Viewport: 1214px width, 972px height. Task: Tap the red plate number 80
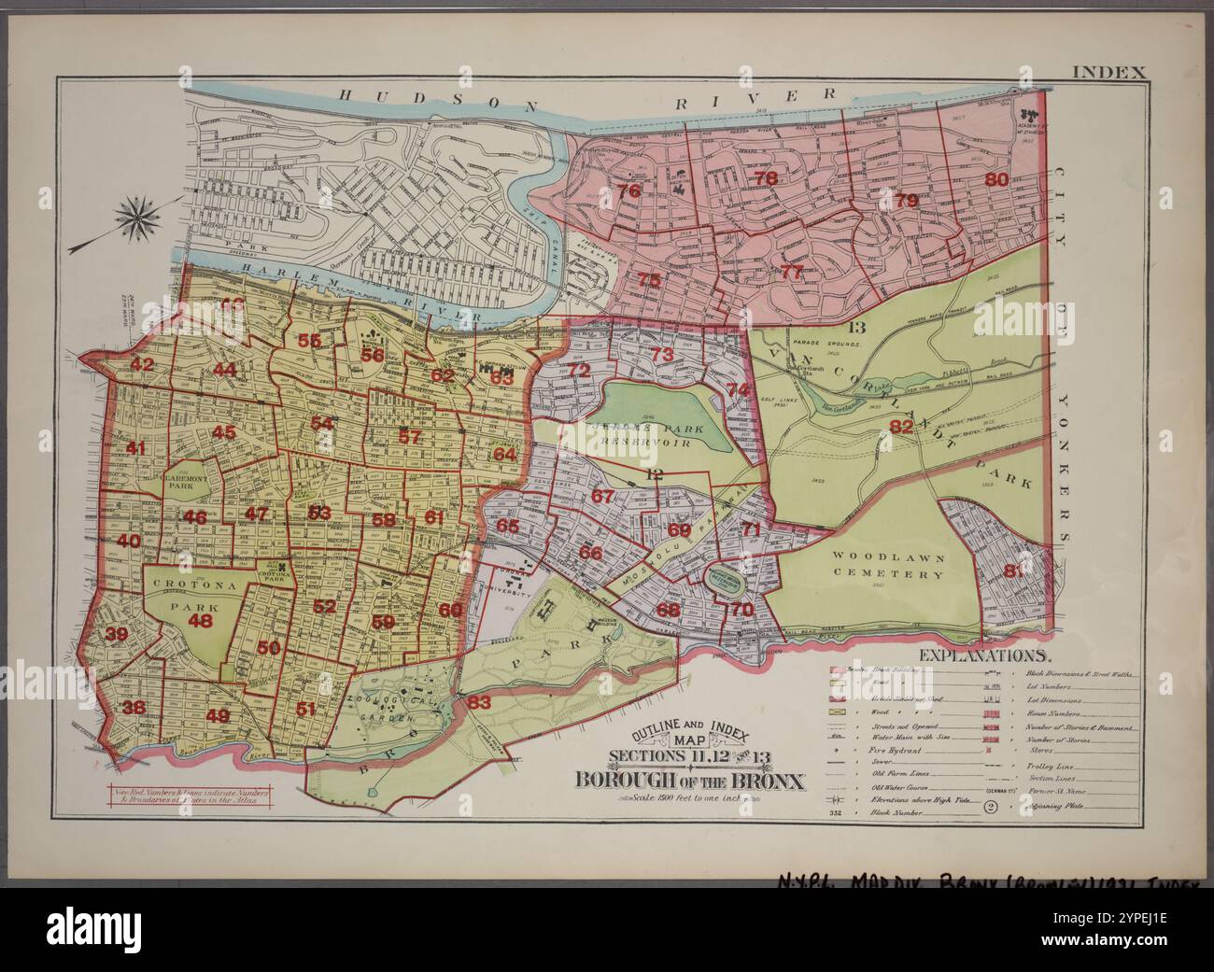tap(997, 179)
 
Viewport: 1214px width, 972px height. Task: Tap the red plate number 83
tap(479, 702)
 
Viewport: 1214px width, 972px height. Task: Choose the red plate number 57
tap(410, 436)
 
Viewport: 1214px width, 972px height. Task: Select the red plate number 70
tap(742, 610)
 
